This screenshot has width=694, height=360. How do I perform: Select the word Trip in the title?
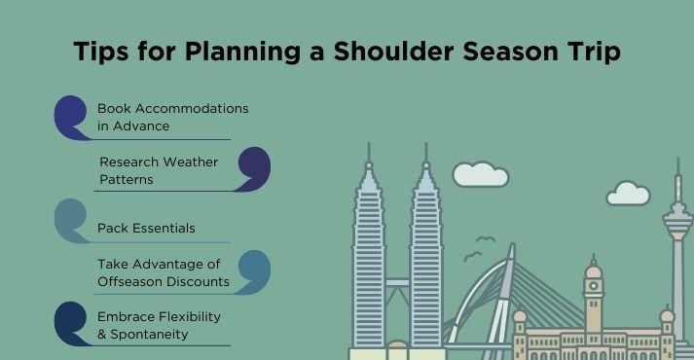(x=593, y=53)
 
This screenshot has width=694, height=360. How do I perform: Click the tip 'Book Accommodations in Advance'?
(x=172, y=117)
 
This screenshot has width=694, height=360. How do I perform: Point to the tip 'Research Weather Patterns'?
(x=158, y=170)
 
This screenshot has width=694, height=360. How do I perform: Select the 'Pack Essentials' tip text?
(x=146, y=228)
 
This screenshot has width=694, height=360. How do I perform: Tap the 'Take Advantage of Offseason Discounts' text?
(x=163, y=272)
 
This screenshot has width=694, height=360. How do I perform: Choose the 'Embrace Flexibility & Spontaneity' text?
(x=159, y=326)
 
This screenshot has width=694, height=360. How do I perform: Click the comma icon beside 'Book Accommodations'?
(x=72, y=118)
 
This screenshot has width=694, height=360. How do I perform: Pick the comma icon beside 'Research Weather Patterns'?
(x=253, y=169)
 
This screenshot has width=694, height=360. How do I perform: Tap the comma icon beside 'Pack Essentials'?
(x=72, y=220)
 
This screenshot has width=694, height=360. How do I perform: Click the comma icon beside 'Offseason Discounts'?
(x=253, y=271)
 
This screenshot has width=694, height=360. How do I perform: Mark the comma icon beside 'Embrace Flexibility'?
(x=72, y=323)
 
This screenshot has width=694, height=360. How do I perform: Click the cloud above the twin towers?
(x=480, y=174)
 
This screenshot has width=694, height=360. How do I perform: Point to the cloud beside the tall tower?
(x=628, y=194)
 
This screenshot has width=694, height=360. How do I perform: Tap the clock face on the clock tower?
(x=593, y=286)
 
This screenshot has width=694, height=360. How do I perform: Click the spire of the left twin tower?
(x=369, y=156)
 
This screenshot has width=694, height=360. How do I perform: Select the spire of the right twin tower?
(x=425, y=156)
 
